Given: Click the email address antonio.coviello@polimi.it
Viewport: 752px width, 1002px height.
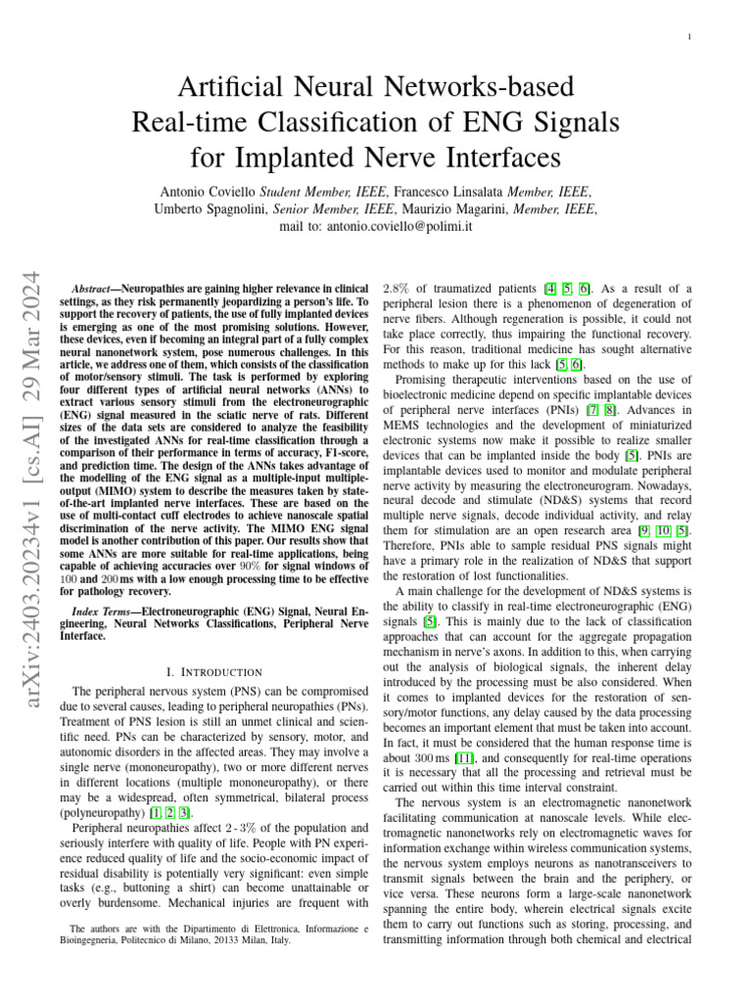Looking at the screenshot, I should pyautogui.click(x=404, y=227).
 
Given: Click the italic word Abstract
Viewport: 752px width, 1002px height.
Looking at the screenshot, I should pyautogui.click(x=96, y=290).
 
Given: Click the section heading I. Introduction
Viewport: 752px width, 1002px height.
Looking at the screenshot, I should pyautogui.click(x=214, y=672).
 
